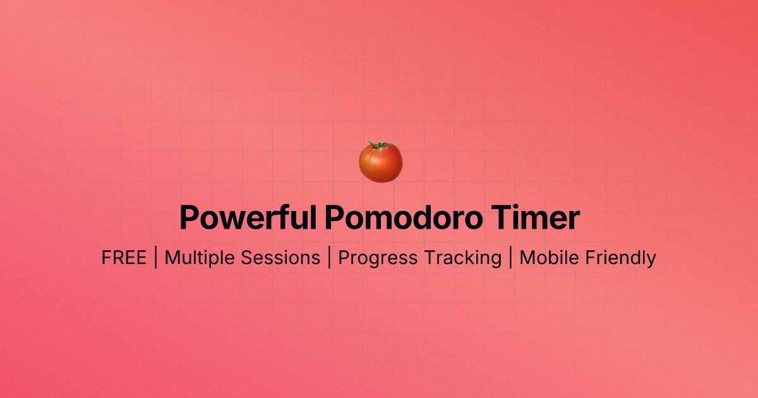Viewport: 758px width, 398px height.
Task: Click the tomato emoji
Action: click(x=380, y=162)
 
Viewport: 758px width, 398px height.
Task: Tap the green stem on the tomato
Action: click(x=380, y=145)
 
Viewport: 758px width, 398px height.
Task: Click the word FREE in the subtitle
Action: click(x=124, y=258)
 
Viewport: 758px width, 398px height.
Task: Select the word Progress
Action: click(x=378, y=258)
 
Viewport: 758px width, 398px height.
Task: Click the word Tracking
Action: click(x=462, y=258)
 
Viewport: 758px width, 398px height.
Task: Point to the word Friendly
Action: click(x=620, y=258)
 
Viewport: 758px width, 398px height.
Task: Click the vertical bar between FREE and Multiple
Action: click(x=155, y=258)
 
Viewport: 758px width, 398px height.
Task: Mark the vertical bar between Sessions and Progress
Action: click(x=329, y=258)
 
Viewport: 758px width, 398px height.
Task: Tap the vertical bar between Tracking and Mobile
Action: click(x=510, y=258)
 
